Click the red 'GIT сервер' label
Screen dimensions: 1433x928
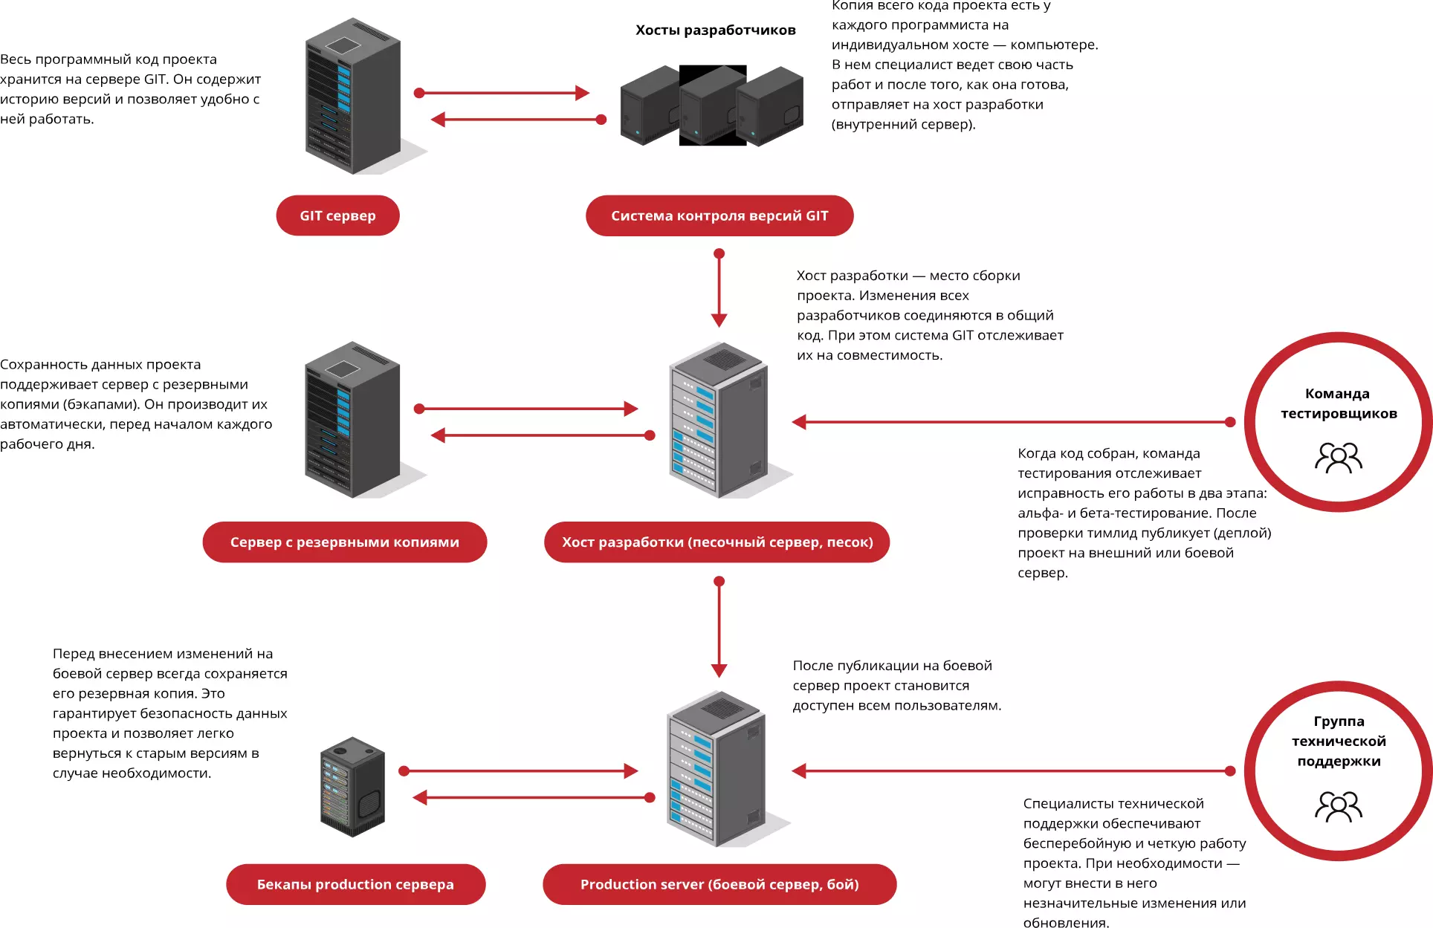[337, 215]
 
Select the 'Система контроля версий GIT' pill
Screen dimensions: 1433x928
[719, 215]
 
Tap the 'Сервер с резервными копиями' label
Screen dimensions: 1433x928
[345, 542]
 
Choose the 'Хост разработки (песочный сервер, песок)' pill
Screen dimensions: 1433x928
[717, 542]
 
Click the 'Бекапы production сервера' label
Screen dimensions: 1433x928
[355, 884]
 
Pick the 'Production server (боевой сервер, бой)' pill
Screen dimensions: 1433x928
[719, 884]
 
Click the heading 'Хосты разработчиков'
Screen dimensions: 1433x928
[715, 30]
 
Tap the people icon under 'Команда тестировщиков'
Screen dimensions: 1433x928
[1339, 458]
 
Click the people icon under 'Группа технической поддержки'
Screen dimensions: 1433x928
[1339, 806]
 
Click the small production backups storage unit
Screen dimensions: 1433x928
[352, 787]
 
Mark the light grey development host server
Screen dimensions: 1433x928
[725, 420]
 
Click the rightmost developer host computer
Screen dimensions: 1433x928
[770, 106]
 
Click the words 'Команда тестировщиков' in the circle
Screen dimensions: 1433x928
[1339, 403]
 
